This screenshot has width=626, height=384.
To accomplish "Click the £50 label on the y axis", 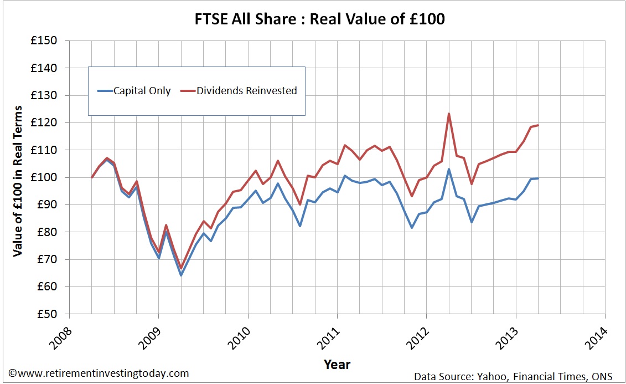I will pos(47,314).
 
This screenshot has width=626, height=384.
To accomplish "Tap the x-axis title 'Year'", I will pos(337,364).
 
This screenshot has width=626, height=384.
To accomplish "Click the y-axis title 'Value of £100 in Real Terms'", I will pos(18,181).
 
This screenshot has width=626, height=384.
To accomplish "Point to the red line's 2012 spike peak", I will pos(448,114).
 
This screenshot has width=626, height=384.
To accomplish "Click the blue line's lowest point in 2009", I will pos(180,275).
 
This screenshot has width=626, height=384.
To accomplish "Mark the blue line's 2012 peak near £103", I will pos(448,169).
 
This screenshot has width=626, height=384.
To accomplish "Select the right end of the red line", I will pos(538,125).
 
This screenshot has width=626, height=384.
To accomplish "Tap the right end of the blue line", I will pos(538,178).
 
